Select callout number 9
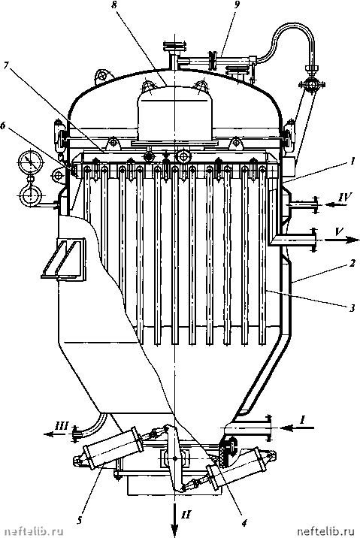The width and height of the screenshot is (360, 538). (237, 5)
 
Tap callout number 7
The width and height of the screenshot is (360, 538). (6, 65)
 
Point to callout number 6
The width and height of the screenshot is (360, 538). (3, 125)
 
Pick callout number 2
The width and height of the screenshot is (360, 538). (352, 264)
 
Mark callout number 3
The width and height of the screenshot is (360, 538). (352, 308)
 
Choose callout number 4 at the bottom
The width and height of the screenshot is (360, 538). (244, 522)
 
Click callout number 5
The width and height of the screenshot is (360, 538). (79, 521)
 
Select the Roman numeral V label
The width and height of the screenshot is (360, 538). (338, 231)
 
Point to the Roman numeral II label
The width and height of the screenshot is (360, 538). (186, 514)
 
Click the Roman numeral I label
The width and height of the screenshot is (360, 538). (302, 419)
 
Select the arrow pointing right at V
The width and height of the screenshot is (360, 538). (341, 240)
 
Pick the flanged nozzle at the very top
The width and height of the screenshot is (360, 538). (174, 46)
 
